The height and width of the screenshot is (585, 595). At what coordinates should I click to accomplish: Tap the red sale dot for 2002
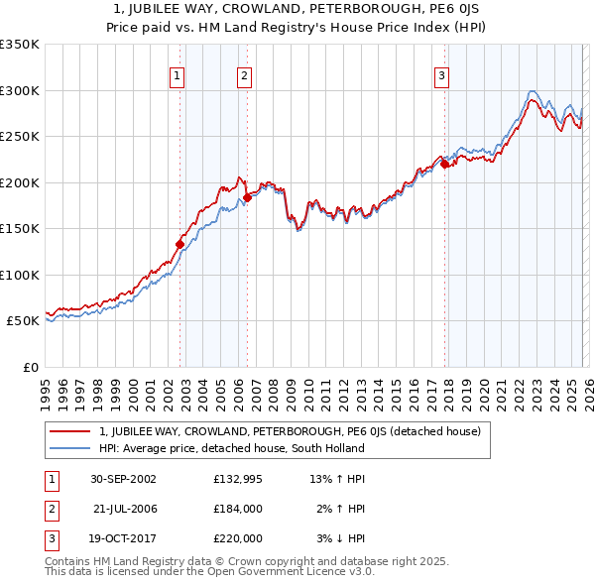pos(179,244)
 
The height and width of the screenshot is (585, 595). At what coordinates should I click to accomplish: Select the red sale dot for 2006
pos(247,197)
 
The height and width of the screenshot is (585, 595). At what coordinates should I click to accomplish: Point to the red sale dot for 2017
pos(444,165)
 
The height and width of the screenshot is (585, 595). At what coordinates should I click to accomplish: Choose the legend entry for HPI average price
pos(231,448)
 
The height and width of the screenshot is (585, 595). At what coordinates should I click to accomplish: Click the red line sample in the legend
pos(70,431)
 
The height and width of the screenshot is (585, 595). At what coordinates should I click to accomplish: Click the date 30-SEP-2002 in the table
pos(123,479)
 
